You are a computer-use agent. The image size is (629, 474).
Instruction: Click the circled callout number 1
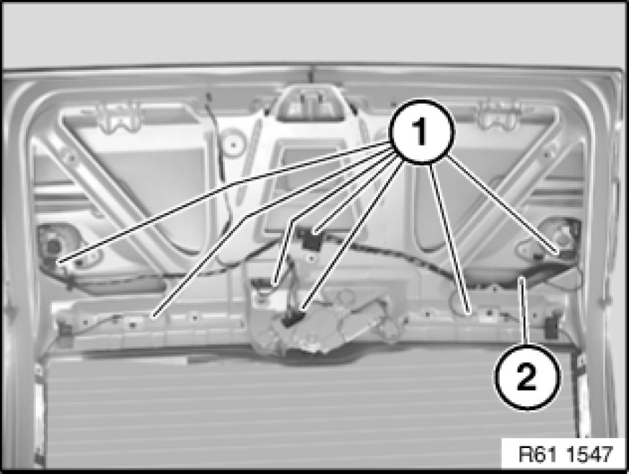422,132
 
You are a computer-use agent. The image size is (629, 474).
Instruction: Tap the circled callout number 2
527,376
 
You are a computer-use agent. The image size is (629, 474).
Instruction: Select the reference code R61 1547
566,455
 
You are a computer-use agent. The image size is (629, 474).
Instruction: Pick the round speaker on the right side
563,237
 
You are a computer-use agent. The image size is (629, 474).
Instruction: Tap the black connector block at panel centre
310,240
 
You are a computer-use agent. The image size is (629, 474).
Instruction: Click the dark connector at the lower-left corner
64,330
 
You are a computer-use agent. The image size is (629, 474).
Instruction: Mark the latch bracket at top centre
310,104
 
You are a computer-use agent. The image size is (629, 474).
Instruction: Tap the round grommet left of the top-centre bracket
232,145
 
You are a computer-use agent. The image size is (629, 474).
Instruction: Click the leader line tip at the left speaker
58,262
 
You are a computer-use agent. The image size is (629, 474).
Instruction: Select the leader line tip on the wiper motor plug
302,309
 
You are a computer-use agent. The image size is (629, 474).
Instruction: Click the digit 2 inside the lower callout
526,377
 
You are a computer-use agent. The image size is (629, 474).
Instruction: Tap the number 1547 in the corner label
591,455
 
